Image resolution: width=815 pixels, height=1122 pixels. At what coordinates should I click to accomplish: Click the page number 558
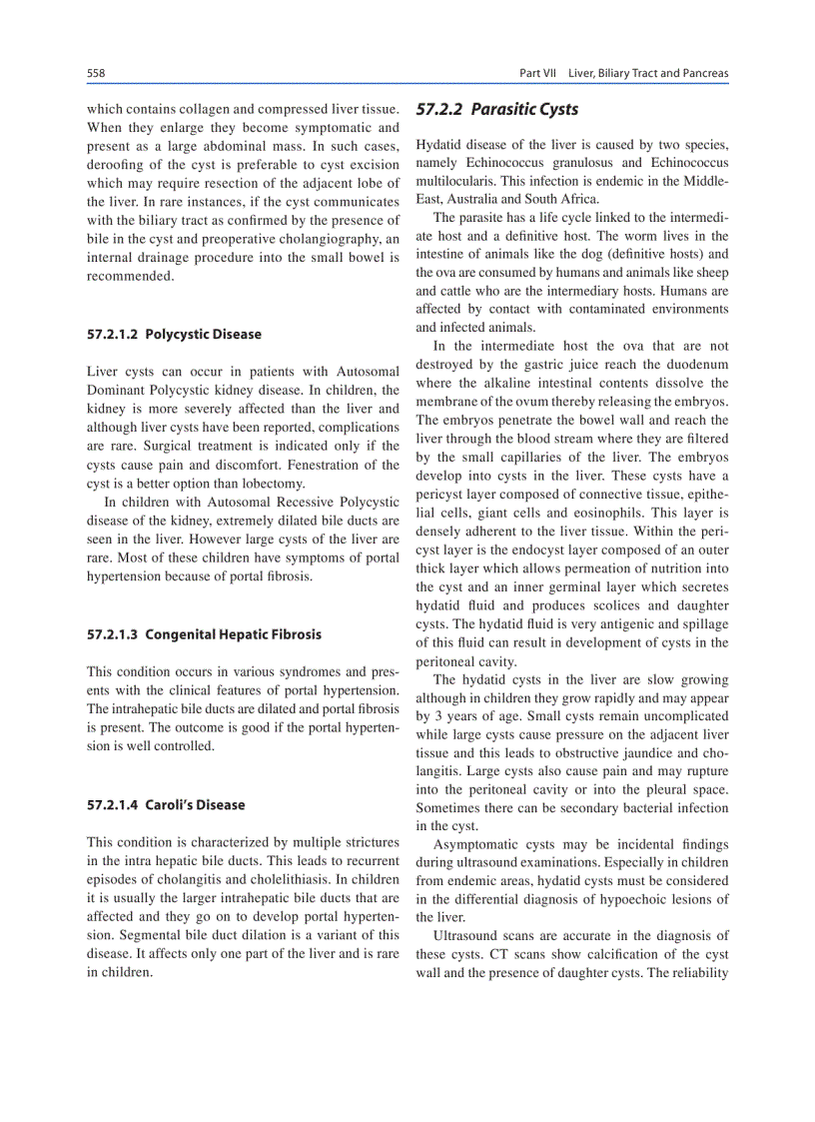click(x=97, y=73)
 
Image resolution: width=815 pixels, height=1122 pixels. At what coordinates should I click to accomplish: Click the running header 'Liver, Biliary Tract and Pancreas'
click(x=648, y=73)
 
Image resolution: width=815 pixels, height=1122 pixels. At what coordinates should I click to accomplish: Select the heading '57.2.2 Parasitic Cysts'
click(x=496, y=110)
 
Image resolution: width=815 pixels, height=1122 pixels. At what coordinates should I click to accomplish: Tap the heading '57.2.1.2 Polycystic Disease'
click(x=174, y=334)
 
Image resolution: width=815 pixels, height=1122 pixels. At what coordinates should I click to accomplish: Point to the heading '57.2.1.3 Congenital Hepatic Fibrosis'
click(x=204, y=633)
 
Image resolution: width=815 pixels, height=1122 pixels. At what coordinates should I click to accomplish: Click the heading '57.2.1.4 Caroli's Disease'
click(x=166, y=804)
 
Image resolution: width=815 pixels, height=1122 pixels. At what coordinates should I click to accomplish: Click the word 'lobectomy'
click(x=261, y=483)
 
